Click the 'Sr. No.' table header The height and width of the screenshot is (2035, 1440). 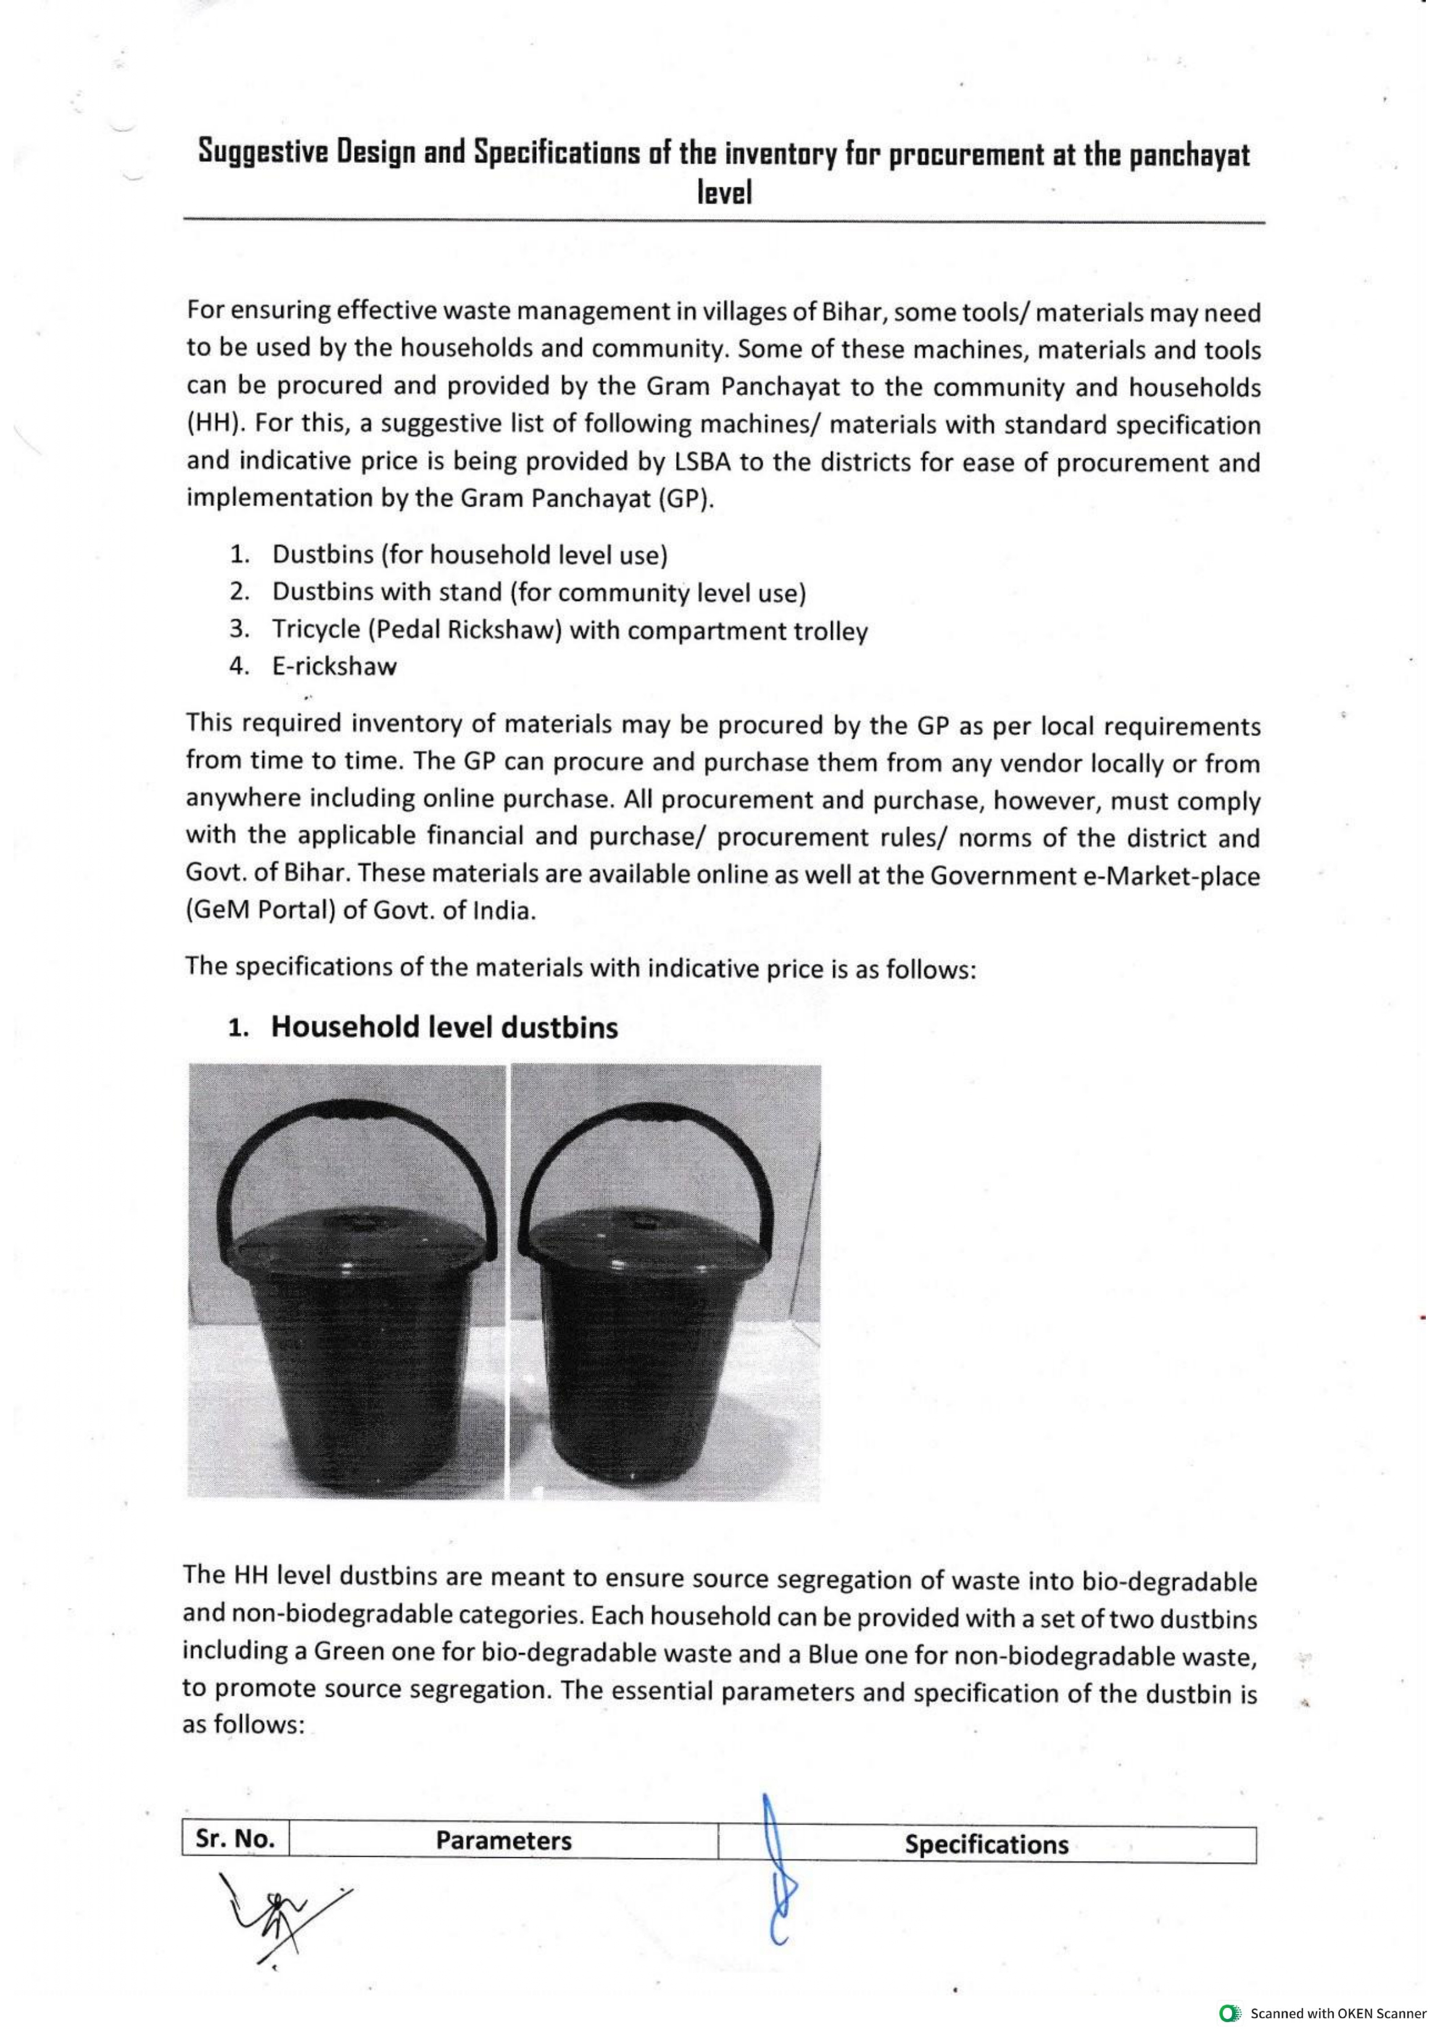pos(235,1838)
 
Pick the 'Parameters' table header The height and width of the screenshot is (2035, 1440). pos(503,1840)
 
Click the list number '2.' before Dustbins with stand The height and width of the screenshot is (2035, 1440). pos(239,592)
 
